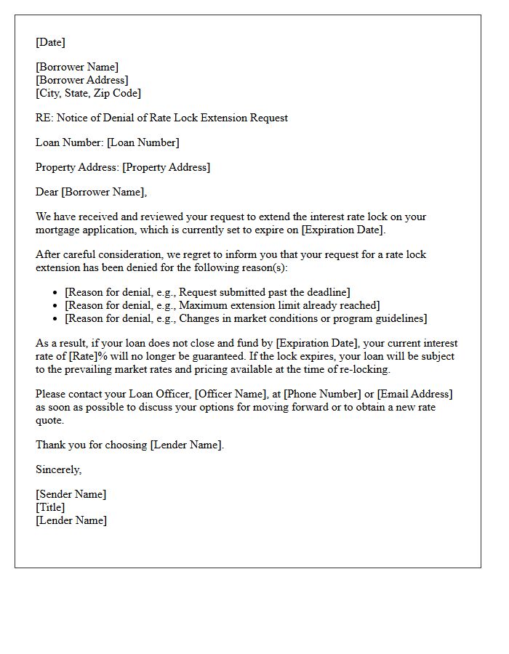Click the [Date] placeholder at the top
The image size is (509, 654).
[50, 42]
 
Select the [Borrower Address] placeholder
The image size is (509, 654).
[81, 80]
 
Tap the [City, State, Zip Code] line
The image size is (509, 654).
[88, 93]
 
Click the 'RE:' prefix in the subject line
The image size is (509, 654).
[44, 118]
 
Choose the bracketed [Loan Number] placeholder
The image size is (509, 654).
[143, 142]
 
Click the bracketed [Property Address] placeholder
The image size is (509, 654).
[166, 167]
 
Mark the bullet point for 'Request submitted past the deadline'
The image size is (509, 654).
[56, 292]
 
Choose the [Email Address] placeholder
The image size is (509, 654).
[415, 394]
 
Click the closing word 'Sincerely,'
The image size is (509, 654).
[58, 469]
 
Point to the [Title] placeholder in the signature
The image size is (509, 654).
[50, 507]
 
